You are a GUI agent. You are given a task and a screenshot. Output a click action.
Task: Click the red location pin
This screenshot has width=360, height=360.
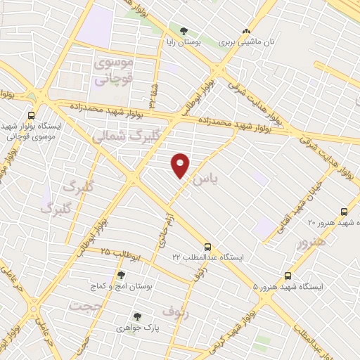tap(181, 165)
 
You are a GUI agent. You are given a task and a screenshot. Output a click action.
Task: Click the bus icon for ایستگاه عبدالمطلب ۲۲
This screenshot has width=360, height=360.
tap(207, 247)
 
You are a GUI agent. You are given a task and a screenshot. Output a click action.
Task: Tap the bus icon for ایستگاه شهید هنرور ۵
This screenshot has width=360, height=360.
tap(288, 276)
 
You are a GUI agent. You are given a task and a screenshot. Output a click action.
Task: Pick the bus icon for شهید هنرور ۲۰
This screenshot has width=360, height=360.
tap(344, 212)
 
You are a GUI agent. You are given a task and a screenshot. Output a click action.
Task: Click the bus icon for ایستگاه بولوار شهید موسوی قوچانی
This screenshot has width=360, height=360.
tap(31, 115)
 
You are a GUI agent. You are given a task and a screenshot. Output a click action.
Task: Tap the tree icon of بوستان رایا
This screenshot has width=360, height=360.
tap(184, 31)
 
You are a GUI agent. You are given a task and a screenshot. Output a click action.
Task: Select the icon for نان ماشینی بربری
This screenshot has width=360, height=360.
tap(246, 31)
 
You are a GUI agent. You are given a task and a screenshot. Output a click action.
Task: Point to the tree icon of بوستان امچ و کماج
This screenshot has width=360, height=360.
tap(121, 275)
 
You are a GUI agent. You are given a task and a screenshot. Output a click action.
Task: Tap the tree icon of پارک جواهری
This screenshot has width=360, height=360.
tap(137, 317)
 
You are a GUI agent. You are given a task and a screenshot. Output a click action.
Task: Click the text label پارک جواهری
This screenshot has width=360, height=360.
tap(134, 328)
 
